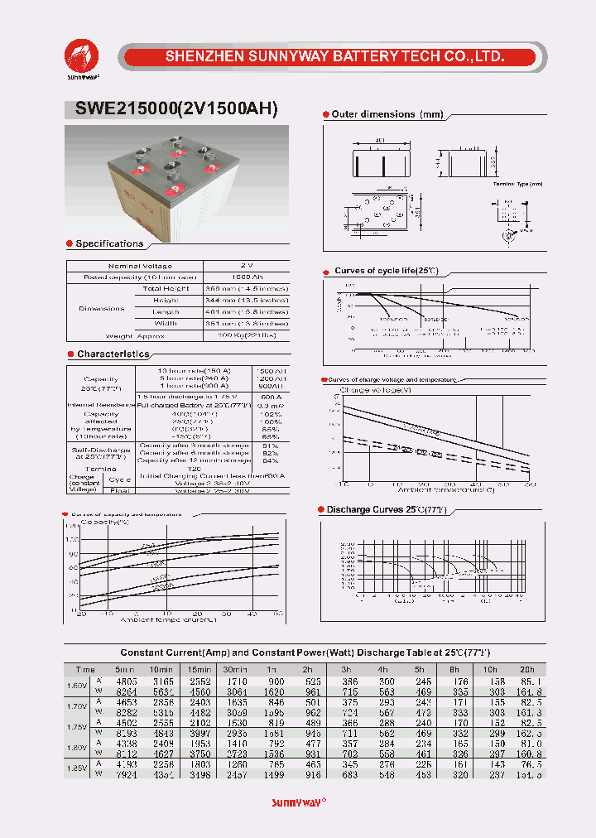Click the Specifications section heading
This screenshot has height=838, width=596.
coord(108,243)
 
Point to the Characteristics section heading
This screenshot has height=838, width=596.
coord(113,354)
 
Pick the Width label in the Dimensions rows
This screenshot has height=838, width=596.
coord(166,324)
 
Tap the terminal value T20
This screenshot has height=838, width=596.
coord(195,469)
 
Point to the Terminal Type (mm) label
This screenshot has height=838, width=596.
coord(517,183)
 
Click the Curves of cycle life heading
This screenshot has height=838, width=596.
coord(385,272)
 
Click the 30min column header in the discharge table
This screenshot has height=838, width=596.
coord(235,669)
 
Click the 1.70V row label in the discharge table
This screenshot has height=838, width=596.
coord(76,708)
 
